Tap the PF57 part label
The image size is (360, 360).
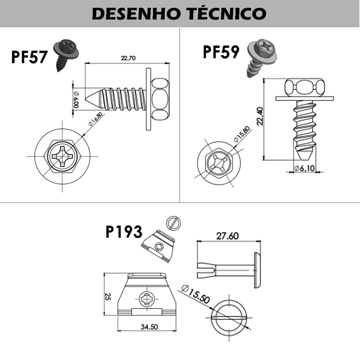pyautogui.click(x=29, y=57)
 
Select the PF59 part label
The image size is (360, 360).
pyautogui.click(x=221, y=52)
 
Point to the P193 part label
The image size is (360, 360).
pyautogui.click(x=124, y=232)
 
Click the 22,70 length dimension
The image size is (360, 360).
pyautogui.click(x=128, y=58)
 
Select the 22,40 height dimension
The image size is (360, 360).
pyautogui.click(x=260, y=116)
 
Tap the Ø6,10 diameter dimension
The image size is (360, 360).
pyautogui.click(x=304, y=168)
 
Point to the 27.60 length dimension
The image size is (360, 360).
pyautogui.click(x=227, y=236)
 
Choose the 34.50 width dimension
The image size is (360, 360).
pyautogui.click(x=149, y=327)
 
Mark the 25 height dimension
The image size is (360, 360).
pyautogui.click(x=108, y=297)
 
